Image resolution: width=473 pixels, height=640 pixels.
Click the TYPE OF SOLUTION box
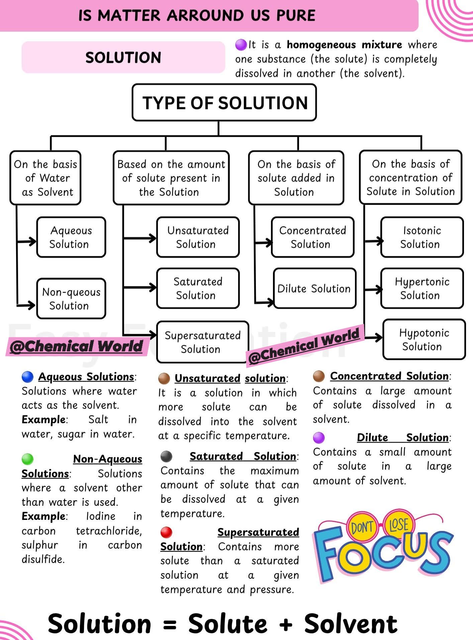click(224, 102)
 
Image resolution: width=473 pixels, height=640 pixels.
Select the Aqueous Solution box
click(71, 237)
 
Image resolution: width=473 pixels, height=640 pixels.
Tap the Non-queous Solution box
click(71, 298)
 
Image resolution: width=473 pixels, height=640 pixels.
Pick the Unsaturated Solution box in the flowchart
click(198, 237)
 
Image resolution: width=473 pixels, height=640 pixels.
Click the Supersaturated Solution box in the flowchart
click(203, 342)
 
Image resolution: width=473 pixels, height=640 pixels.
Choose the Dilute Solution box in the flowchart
click(314, 288)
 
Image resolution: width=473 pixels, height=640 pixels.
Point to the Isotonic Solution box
click(422, 237)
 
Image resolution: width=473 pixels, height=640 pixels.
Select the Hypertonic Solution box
click(422, 288)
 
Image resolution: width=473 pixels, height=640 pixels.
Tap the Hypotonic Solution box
click(424, 340)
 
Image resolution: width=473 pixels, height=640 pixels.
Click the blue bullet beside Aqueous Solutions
click(27, 377)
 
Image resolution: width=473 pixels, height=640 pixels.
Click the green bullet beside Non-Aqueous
click(27, 459)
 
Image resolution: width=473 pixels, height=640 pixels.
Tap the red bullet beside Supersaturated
click(166, 532)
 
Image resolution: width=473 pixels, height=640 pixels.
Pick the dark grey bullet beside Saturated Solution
click(166, 456)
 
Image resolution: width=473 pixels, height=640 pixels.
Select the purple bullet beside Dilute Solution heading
click(319, 437)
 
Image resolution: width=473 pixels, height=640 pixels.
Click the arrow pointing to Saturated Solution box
click(140, 287)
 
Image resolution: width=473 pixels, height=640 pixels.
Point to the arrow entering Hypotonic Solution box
click(374, 338)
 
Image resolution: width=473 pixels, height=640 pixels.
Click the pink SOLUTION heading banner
click(123, 57)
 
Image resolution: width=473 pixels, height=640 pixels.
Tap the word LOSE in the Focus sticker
click(399, 525)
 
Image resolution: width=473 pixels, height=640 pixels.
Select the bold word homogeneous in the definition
click(321, 45)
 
